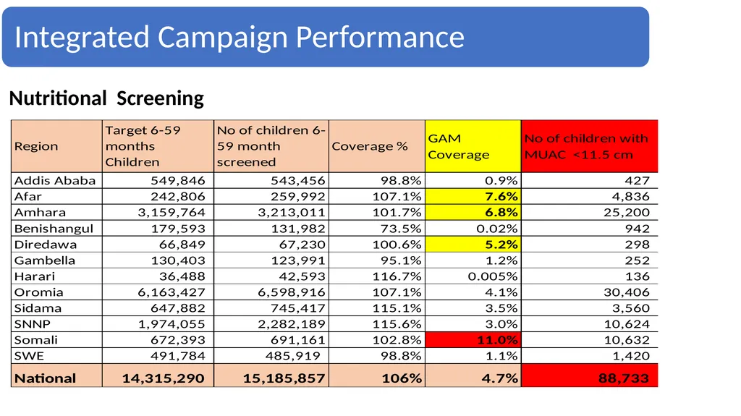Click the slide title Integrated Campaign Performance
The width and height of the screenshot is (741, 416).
pos(240,37)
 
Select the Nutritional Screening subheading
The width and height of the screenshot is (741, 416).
pos(106,98)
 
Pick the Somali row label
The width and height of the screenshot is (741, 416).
pos(36,340)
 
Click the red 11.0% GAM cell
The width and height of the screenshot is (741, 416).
pos(473,340)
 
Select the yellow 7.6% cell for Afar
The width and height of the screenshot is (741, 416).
pos(473,196)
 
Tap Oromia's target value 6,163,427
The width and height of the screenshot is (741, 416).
pos(172,292)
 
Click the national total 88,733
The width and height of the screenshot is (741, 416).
pos(623,378)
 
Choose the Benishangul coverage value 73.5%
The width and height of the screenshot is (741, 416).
pos(401,229)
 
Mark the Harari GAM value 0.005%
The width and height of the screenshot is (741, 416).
pos(493,276)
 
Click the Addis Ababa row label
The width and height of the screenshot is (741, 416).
pos(55,180)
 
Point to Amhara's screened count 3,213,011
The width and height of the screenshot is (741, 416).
pos(292,212)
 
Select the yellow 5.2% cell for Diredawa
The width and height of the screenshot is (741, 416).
pos(473,245)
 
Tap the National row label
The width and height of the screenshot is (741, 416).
pos(45,378)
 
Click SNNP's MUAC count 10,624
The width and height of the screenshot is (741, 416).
pos(627,324)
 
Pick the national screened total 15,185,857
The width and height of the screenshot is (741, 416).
pos(284,378)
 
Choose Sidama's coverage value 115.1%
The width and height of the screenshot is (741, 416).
pos(397,308)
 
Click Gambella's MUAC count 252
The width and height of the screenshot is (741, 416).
pos(637,260)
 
